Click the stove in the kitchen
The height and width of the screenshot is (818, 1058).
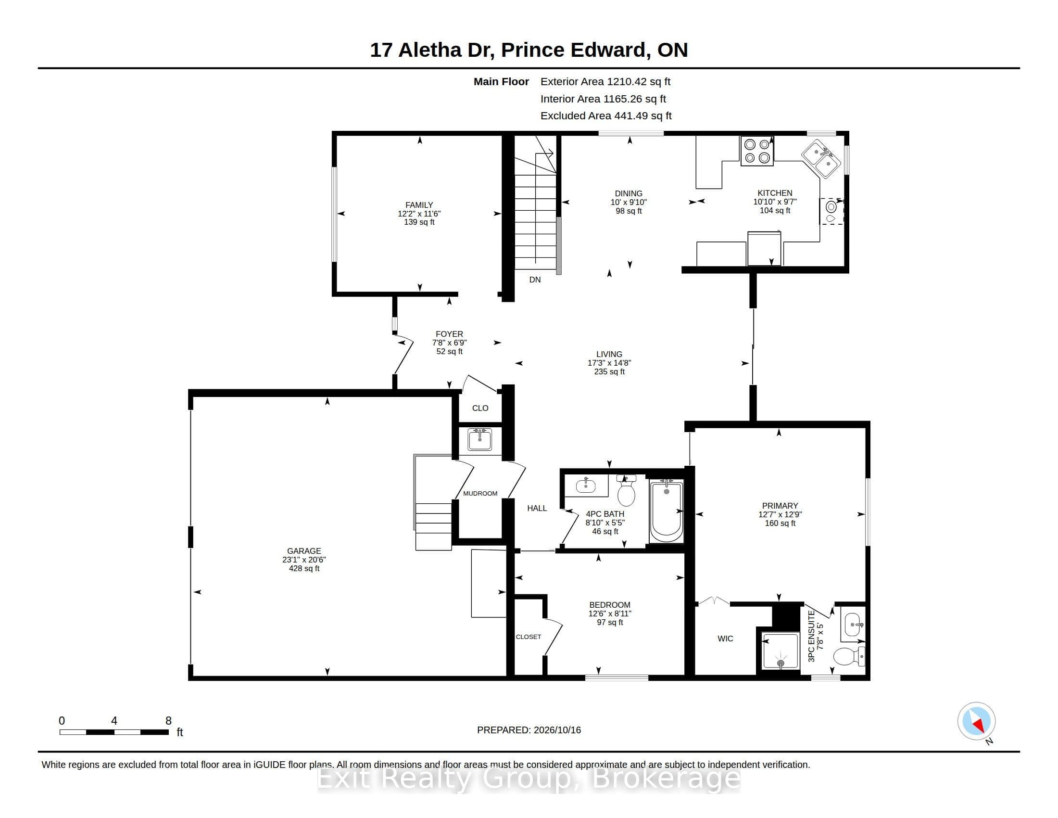click(756, 151)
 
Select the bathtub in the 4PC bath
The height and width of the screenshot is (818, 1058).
click(666, 511)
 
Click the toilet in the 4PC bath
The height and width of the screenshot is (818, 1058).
click(626, 490)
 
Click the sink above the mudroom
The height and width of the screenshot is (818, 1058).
click(479, 439)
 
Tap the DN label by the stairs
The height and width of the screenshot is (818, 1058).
click(535, 280)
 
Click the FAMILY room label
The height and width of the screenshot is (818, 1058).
click(419, 205)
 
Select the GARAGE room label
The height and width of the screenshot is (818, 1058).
click(304, 551)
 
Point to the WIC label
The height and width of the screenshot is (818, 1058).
click(725, 639)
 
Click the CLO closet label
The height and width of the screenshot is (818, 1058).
click(480, 408)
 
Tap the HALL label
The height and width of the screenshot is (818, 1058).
click(537, 508)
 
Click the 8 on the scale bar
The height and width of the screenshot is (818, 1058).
click(169, 721)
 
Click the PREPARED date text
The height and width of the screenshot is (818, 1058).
click(529, 730)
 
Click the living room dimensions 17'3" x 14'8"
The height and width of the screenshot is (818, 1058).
click(609, 363)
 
